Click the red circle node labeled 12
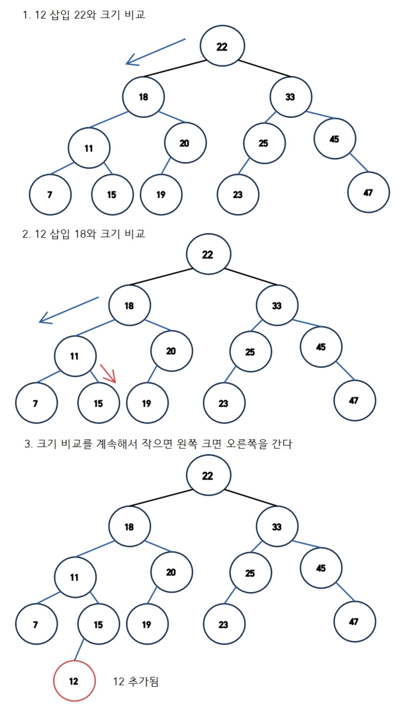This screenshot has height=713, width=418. pos(74,680)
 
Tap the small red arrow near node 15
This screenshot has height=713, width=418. pos(109,374)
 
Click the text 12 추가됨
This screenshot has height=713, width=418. pos(136,681)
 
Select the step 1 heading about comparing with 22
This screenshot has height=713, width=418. pos(84,15)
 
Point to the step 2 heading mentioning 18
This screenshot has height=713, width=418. pos(84,234)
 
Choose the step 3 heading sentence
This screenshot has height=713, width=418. pos(159,444)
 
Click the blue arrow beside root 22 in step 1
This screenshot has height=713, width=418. pos(156,52)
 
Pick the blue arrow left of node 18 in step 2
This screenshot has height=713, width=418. pos(69,310)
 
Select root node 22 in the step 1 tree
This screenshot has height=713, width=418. pos(222,46)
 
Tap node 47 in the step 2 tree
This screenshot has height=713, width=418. pos(355,400)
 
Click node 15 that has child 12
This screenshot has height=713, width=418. pos(99,624)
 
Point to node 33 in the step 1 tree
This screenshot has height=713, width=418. pos(291,97)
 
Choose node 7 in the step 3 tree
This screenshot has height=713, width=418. pos(36,624)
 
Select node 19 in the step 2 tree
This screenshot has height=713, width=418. pos(147,403)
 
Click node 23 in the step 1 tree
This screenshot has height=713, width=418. pos(238,194)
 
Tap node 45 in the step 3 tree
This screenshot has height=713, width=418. pos(321,568)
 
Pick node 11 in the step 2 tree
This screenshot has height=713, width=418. pos(75,356)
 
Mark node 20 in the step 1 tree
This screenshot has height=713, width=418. pos(185,143)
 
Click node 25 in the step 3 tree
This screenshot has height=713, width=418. pos(251,573)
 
